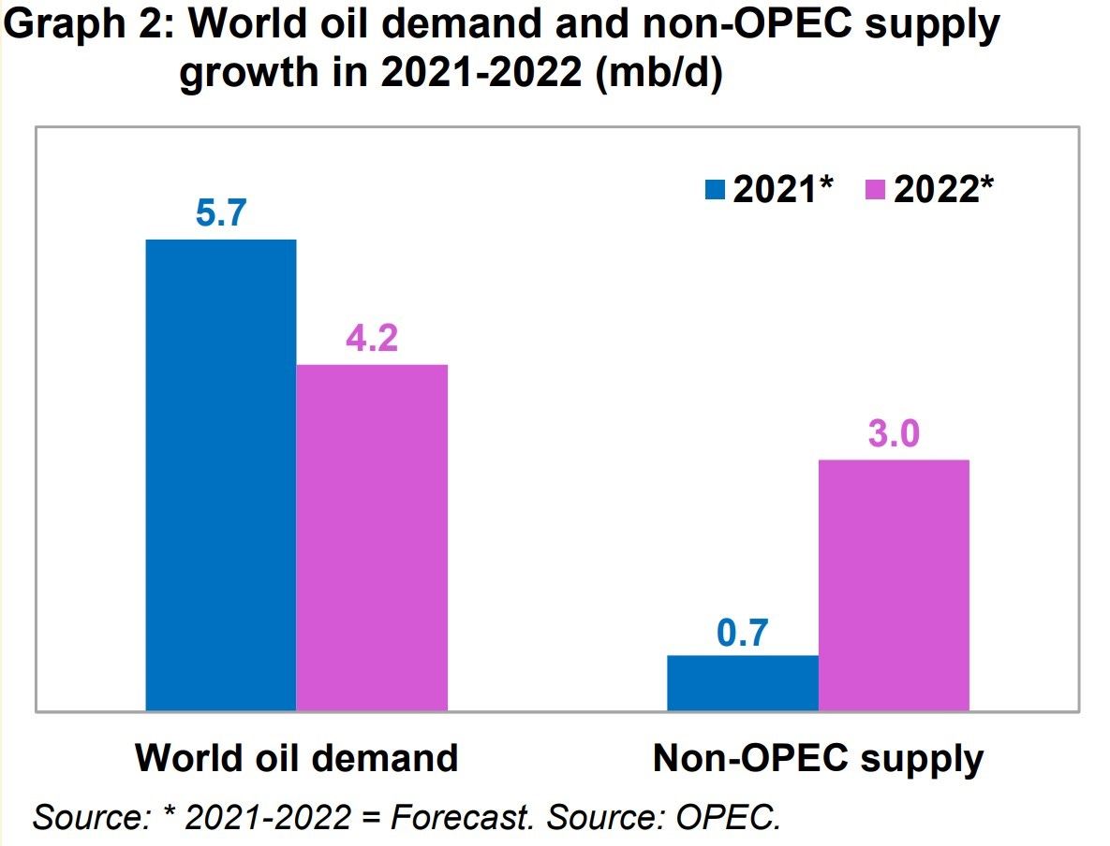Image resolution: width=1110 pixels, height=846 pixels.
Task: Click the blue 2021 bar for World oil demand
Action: click(x=221, y=474)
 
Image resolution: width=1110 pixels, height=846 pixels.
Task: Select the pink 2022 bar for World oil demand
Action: click(x=372, y=537)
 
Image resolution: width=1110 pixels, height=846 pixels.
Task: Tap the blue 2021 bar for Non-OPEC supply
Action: click(x=742, y=682)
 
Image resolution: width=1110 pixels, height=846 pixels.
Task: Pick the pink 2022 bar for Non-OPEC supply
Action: click(x=894, y=585)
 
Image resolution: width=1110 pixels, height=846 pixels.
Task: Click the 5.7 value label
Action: click(x=221, y=214)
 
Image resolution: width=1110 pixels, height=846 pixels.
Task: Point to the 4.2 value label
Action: click(x=372, y=339)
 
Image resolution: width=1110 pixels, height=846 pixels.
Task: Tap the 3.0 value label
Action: click(x=894, y=434)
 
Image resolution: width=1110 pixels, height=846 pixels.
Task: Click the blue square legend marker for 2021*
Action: click(x=716, y=191)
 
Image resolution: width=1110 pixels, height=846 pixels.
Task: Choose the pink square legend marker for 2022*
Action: click(x=877, y=191)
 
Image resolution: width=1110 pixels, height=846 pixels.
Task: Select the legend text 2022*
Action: click(x=943, y=190)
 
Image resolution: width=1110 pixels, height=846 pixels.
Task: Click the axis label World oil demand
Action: click(x=296, y=757)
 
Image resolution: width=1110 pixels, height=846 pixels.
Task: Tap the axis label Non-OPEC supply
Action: click(x=818, y=757)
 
